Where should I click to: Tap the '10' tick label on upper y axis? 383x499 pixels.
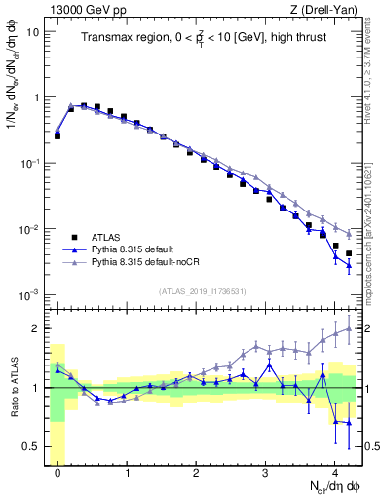point(32,31)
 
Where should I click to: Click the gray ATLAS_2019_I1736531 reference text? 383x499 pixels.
point(201,290)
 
